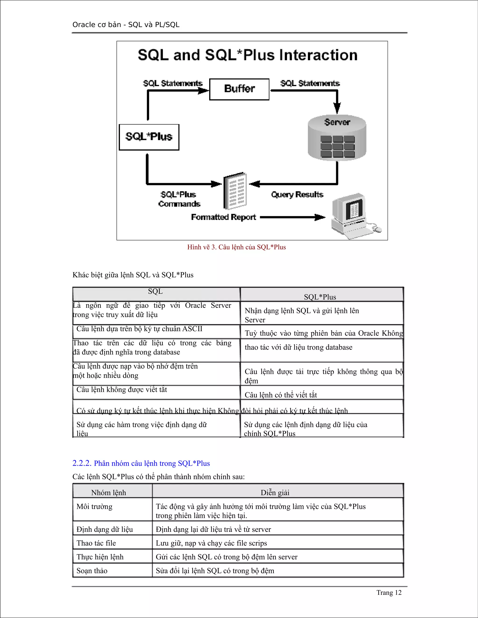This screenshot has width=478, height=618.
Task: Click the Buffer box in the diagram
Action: [x=239, y=89]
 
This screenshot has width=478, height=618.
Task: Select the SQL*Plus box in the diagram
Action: [x=149, y=137]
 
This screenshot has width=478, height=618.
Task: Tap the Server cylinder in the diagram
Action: [x=337, y=138]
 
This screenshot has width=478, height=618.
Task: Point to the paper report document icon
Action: [x=235, y=191]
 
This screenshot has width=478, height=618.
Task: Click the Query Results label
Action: [x=297, y=195]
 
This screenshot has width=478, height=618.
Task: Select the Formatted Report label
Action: [x=223, y=217]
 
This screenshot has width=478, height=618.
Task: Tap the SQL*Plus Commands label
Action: [x=179, y=199]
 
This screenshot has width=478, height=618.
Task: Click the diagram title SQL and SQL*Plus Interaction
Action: [x=247, y=55]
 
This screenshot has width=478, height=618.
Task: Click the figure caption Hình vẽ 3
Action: [x=236, y=247]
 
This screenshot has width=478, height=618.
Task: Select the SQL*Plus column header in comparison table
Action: [x=320, y=297]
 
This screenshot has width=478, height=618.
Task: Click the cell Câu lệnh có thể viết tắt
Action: [x=281, y=395]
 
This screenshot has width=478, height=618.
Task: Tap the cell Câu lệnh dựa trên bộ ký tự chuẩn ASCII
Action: [x=139, y=329]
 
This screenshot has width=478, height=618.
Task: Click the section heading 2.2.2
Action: [x=141, y=463]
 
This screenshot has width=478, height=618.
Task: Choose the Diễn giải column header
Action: [x=275, y=493]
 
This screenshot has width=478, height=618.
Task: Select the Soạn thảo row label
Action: [x=92, y=571]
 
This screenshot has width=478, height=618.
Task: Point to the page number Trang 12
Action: [x=389, y=593]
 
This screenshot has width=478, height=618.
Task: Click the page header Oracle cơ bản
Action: [x=126, y=25]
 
